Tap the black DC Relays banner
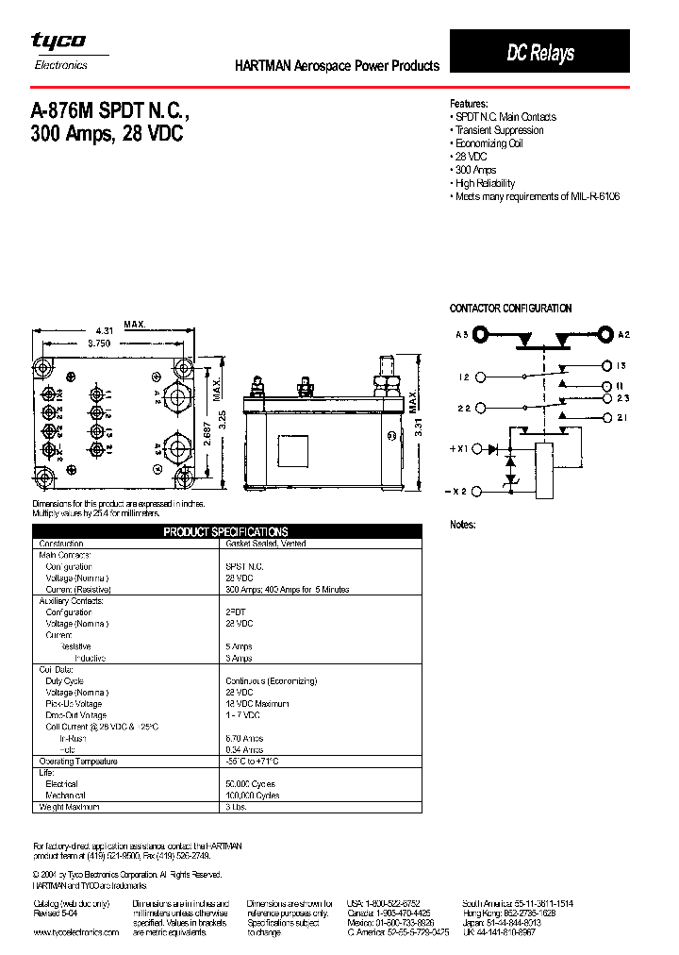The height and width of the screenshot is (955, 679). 540,53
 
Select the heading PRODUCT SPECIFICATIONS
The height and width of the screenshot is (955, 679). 226,532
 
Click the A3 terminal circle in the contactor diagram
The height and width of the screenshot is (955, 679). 481,334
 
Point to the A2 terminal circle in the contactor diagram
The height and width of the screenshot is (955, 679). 604,334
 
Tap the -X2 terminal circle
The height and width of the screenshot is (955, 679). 477,491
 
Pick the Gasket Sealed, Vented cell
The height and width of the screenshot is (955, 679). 266,544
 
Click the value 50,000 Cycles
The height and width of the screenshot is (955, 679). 249,784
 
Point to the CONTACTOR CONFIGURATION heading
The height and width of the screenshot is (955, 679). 510,309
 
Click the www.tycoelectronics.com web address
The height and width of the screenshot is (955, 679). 75,932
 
